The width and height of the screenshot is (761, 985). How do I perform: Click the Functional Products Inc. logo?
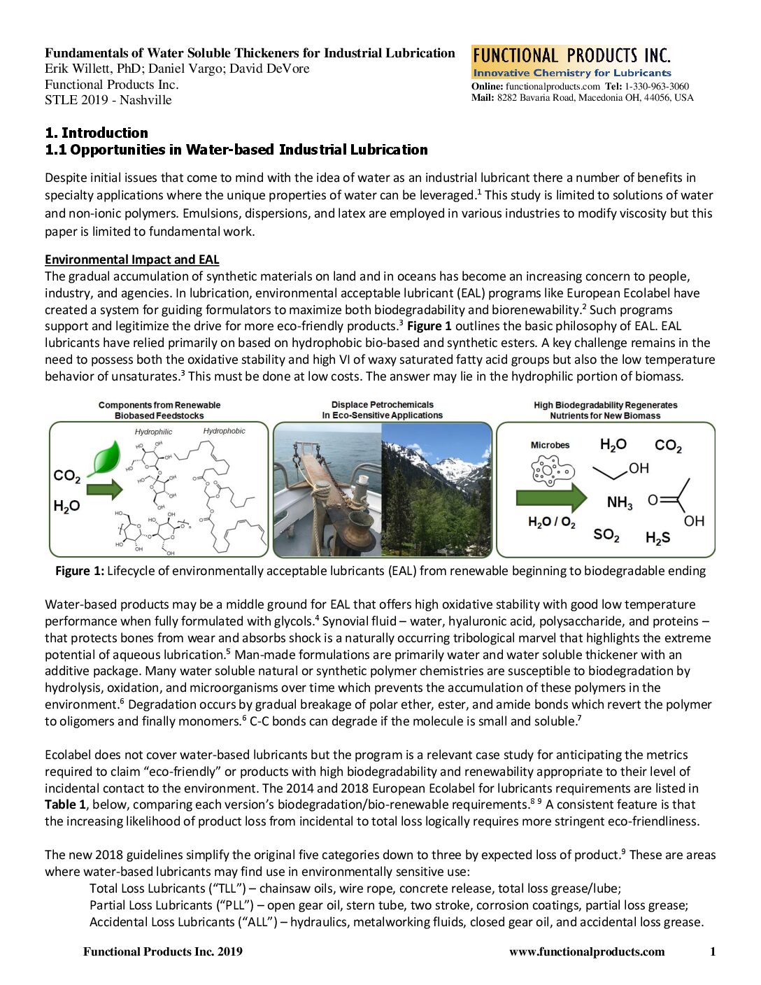pos(571,62)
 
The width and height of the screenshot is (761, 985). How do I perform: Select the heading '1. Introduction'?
pos(97,133)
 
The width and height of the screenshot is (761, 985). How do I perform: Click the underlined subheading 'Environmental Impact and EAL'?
pos(132,260)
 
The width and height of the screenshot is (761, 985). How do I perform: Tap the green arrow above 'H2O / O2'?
pos(551,497)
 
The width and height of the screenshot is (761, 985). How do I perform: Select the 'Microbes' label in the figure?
pos(550,445)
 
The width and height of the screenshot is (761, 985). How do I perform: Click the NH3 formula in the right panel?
pos(619,503)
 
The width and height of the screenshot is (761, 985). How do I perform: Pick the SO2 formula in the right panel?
pos(606,535)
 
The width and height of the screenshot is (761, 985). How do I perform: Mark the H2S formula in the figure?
pos(657,537)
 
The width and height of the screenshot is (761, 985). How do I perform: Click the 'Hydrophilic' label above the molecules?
pos(153,432)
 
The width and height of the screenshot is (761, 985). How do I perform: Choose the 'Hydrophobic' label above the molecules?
pos(224,431)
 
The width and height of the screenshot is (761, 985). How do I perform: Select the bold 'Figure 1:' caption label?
pos(79,571)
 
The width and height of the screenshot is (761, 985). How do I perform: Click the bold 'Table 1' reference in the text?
pos(65,805)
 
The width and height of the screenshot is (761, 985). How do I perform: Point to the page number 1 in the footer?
pos(713,951)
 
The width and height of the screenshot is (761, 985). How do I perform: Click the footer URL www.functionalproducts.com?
pos(587,951)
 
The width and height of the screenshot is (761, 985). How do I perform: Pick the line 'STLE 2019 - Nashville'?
pos(108,100)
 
